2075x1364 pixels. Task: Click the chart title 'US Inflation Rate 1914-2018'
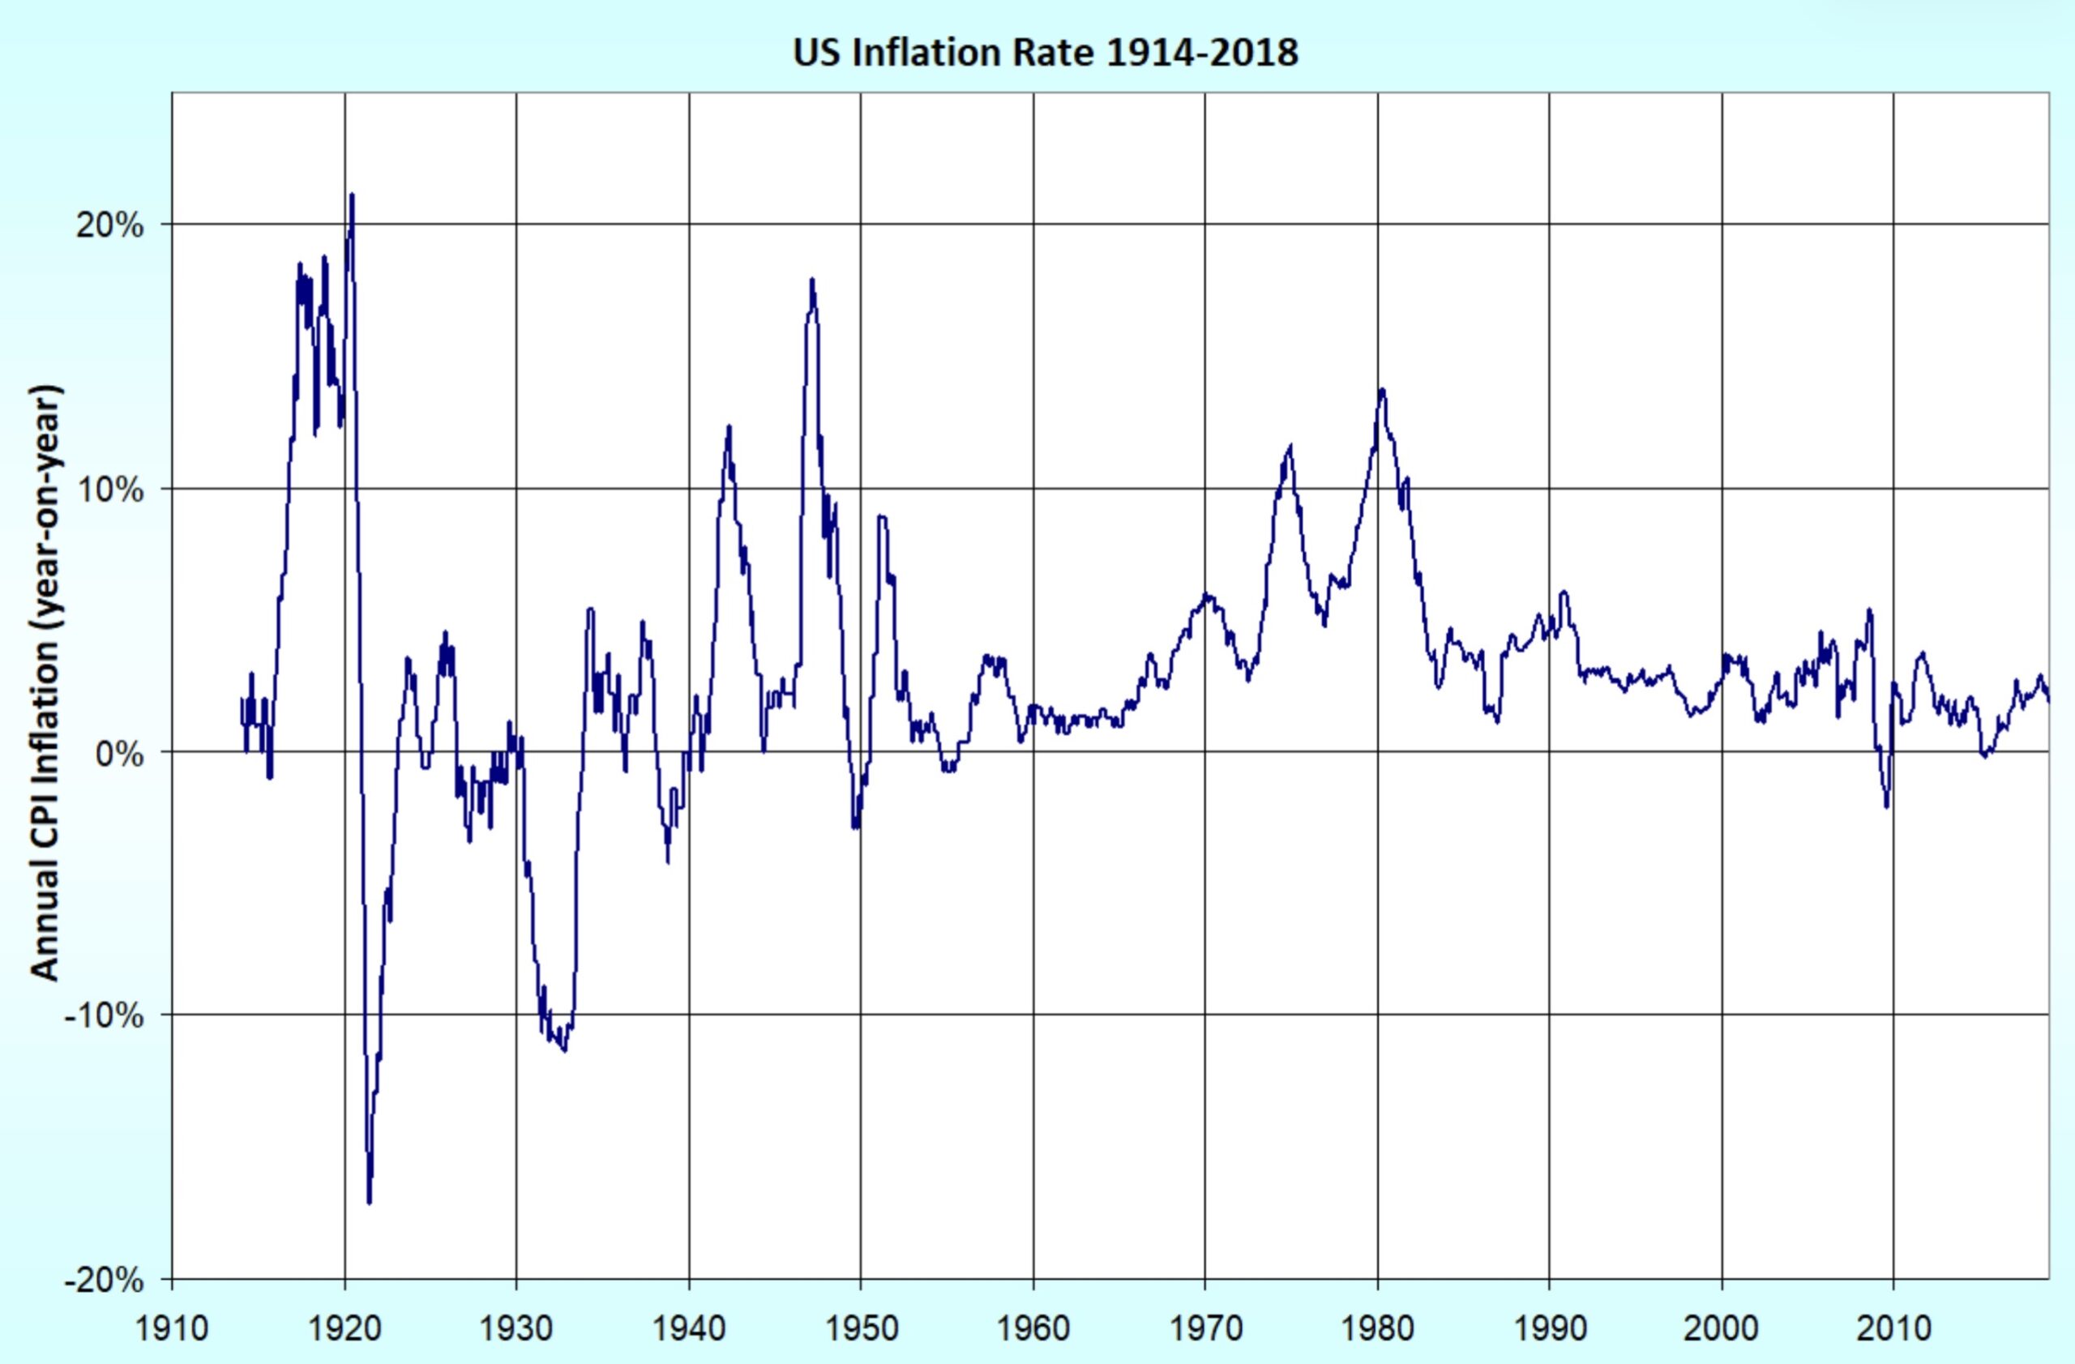pyautogui.click(x=1045, y=53)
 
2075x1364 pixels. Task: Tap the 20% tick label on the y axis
pyautogui.click(x=109, y=227)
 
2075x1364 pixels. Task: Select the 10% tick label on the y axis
pyautogui.click(x=109, y=490)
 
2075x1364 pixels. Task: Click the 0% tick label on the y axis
pyautogui.click(x=118, y=754)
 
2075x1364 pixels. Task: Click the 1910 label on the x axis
pyautogui.click(x=172, y=1328)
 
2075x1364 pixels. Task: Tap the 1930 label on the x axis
pyautogui.click(x=516, y=1328)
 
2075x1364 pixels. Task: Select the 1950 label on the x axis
pyautogui.click(x=861, y=1328)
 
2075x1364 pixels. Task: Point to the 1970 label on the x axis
pyautogui.click(x=1205, y=1328)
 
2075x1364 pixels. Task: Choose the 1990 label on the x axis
pyautogui.click(x=1549, y=1328)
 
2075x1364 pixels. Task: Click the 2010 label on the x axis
pyautogui.click(x=1893, y=1328)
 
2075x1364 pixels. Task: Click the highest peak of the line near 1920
pyautogui.click(x=351, y=195)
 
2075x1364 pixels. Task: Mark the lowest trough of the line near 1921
pyautogui.click(x=369, y=1202)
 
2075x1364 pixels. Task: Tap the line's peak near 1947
pyautogui.click(x=811, y=280)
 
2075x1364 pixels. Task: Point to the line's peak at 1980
pyautogui.click(x=1381, y=390)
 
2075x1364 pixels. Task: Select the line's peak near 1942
pyautogui.click(x=728, y=427)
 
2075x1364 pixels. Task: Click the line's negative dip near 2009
pyautogui.click(x=1887, y=806)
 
